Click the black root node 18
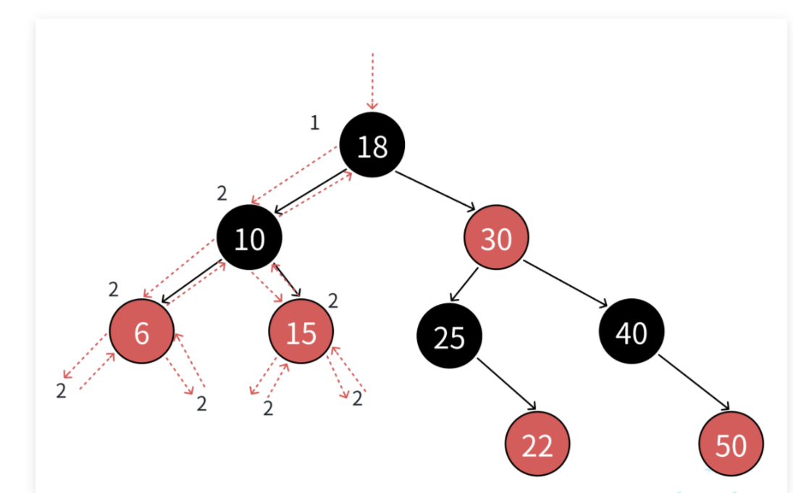pos(372,145)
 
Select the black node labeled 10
pos(249,237)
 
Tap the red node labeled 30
pos(496,237)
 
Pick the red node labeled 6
pos(142,332)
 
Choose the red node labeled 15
pos(301,332)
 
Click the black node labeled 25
pos(449,337)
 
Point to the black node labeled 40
pos(632,332)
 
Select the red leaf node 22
pos(537,444)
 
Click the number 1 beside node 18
pos(314,123)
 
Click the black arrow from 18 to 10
pos(309,193)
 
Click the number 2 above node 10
pos(222,193)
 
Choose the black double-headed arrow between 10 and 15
pos(286,280)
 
